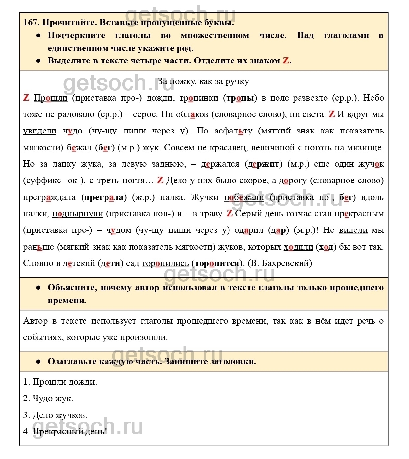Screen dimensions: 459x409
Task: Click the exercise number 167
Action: [31, 23]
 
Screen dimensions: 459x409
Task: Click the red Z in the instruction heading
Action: [286, 61]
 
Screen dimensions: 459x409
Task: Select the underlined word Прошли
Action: [51, 98]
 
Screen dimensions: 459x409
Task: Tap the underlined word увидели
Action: [40, 131]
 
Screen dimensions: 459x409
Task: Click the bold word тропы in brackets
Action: [240, 98]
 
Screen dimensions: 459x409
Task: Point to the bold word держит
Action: [263, 164]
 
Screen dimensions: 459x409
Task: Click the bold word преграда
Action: [104, 197]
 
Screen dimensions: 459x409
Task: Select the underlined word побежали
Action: [244, 197]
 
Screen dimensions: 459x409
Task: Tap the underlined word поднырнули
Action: [78, 214]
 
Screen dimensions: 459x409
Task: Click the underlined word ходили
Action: [298, 247]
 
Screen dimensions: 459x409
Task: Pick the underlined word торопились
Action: [165, 263]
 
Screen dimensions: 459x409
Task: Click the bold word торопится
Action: [217, 263]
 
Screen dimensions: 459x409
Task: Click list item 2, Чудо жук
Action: [48, 399]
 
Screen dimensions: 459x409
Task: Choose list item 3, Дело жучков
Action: [55, 415]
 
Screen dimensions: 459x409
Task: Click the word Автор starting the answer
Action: [35, 321]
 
